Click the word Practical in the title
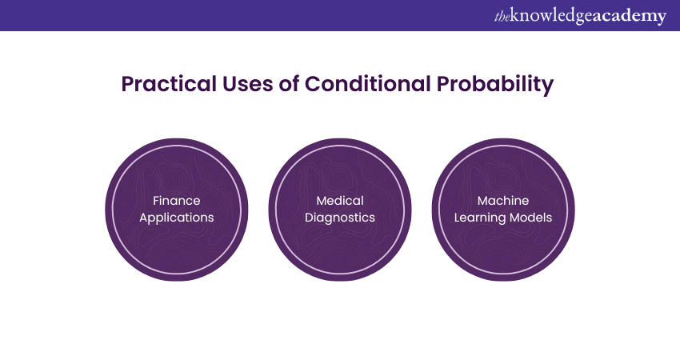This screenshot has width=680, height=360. (x=169, y=84)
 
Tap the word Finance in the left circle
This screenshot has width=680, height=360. (x=177, y=200)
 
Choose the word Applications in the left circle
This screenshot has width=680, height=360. (x=177, y=218)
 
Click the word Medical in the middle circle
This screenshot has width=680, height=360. (x=340, y=200)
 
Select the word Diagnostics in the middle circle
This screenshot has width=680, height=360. (x=340, y=218)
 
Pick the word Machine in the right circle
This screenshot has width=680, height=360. (x=503, y=200)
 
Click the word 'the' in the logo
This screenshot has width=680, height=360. (x=502, y=18)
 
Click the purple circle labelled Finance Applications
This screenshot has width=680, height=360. (x=177, y=243)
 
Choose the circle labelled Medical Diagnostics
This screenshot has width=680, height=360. (x=340, y=243)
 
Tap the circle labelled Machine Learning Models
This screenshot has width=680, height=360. (x=503, y=243)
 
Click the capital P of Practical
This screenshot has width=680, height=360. (x=127, y=84)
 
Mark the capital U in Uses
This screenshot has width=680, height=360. (x=230, y=85)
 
